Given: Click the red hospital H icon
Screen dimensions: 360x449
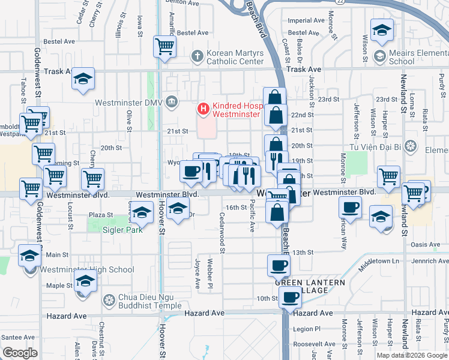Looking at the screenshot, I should point(203,109).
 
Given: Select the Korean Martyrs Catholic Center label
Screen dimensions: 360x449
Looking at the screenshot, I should point(235,57).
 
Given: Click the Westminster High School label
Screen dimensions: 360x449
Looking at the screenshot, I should point(86,269).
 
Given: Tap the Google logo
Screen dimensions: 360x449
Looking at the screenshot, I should point(20,353).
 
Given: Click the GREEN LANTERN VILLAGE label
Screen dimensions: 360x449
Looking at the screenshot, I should point(310,286).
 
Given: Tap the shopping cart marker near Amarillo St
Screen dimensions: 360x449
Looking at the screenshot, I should point(164,46).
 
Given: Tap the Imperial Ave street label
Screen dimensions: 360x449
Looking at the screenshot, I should point(306,20).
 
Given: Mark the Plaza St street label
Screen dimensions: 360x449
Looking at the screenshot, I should point(101,214).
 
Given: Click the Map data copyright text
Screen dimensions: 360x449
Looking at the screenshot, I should point(412,355).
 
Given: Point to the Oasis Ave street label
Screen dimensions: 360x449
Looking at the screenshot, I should point(426,244).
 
